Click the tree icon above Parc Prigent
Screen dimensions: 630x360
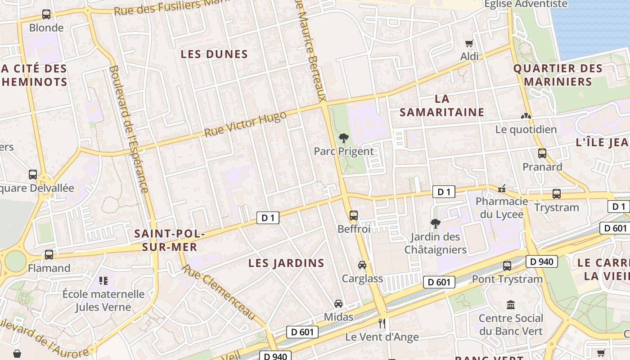coord(344,138)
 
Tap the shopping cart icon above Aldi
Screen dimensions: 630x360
coord(469,44)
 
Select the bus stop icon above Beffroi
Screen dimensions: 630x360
coord(354,215)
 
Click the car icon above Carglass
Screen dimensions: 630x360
coord(362,265)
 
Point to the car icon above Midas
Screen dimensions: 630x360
coord(338,304)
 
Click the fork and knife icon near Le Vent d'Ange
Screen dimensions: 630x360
coord(382,323)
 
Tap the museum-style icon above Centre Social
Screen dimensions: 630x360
coord(511,305)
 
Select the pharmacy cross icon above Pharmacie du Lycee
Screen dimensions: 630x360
coord(502,188)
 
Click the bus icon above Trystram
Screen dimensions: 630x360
coord(557,194)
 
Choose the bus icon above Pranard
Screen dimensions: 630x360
coord(542,153)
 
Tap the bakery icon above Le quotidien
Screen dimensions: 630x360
coord(526,116)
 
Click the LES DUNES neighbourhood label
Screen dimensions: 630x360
coord(214,54)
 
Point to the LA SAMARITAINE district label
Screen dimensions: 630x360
coord(442,106)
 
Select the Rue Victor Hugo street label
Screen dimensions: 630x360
coord(245,124)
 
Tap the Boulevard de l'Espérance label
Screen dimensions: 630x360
coord(129,129)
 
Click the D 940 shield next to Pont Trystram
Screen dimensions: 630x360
coord(542,261)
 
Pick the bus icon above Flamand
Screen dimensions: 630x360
coord(49,255)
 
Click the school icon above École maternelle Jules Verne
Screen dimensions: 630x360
coord(103,281)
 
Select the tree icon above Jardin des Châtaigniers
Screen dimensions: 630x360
coord(435,223)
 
